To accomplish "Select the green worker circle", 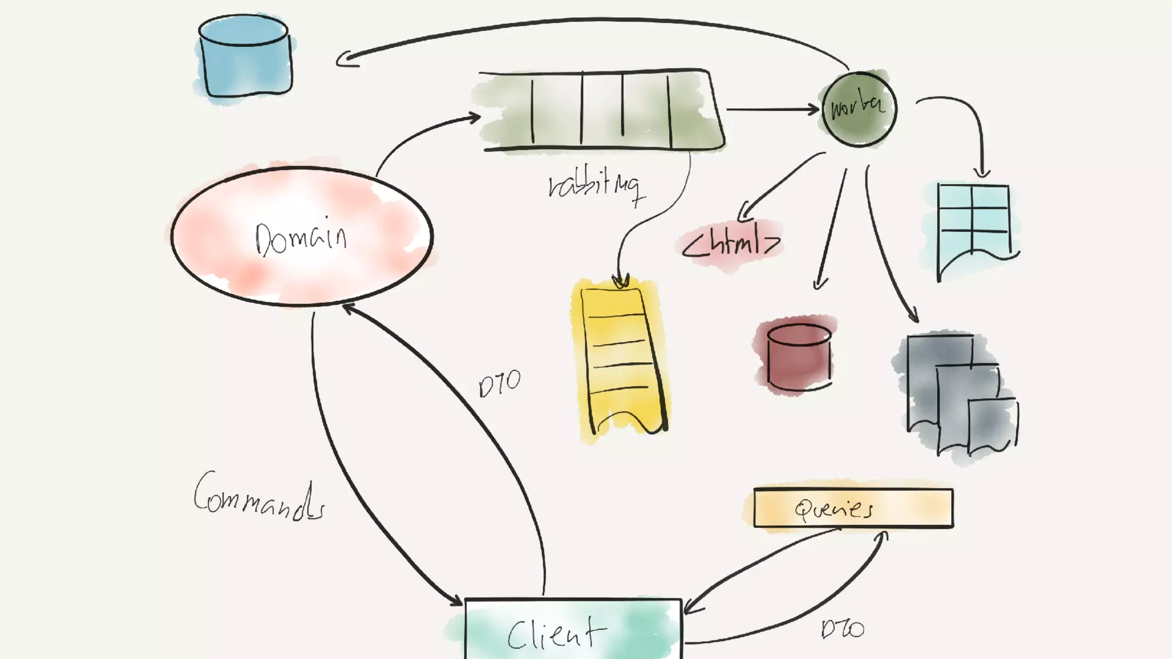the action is [x=859, y=109].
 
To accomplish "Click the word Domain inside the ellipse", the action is [x=301, y=237].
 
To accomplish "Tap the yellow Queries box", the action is [x=853, y=508].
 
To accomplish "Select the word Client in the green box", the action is [x=556, y=633].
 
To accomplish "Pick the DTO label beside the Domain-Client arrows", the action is [x=500, y=384].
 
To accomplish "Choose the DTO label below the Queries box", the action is [x=842, y=629].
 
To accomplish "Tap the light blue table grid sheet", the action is [x=973, y=226].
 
